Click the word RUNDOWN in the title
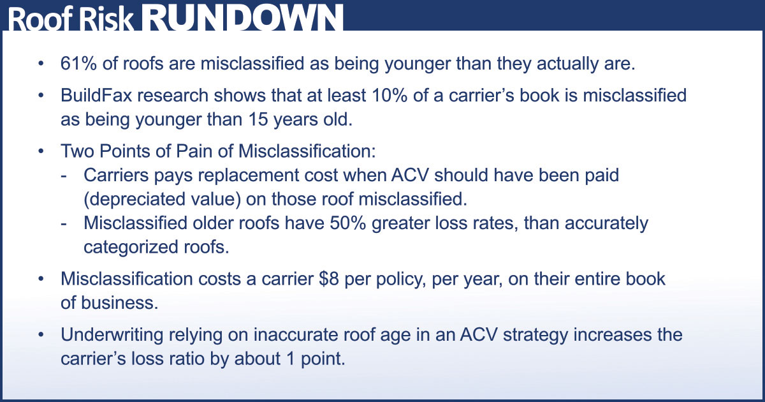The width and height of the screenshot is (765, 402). (x=242, y=18)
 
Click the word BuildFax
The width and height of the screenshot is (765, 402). (x=96, y=95)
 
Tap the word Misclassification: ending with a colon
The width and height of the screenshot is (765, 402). (x=307, y=151)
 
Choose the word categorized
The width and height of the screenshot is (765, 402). (x=131, y=247)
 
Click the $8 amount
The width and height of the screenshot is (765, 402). (x=328, y=279)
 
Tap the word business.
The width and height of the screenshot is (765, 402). (x=120, y=303)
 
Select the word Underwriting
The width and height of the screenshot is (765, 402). (x=112, y=335)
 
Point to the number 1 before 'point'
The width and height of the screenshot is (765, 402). (x=291, y=359)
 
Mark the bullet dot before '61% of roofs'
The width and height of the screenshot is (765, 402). (x=41, y=64)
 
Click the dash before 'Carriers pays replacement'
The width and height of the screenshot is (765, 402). (x=64, y=176)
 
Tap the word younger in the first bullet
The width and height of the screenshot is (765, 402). (x=418, y=64)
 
